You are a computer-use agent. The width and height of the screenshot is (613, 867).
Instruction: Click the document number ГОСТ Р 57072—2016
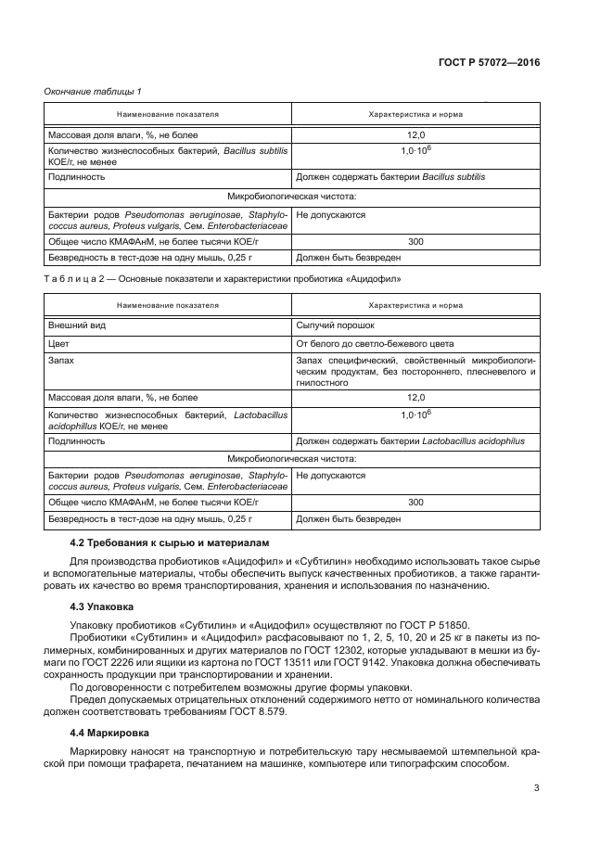pos(489,64)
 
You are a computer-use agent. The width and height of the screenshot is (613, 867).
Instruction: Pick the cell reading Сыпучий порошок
pos(335,326)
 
